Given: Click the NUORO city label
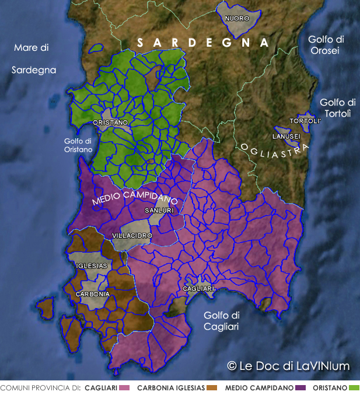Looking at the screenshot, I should [237, 18].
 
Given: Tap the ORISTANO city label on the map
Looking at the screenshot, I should [111, 123].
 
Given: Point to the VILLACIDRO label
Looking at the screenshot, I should [132, 236].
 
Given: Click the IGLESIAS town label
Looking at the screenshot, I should [92, 265].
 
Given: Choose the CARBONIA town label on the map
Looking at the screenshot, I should [92, 294].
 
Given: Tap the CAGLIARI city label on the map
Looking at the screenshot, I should [199, 289].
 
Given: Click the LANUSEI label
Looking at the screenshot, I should [286, 137].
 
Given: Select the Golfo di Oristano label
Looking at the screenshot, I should [78, 145].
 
